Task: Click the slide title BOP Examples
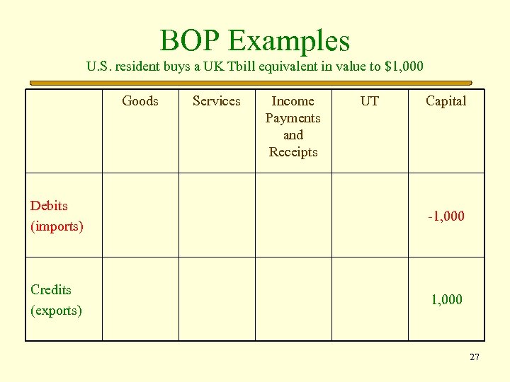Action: (255, 40)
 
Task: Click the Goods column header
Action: (140, 100)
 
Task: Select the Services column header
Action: (217, 100)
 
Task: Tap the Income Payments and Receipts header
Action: (293, 126)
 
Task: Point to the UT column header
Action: (370, 100)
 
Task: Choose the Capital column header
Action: (446, 100)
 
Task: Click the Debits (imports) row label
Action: (57, 216)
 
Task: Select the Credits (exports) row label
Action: (56, 299)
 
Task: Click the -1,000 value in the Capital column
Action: (446, 216)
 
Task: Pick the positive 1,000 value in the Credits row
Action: (447, 299)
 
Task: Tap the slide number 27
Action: (475, 357)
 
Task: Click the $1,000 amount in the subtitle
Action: (403, 67)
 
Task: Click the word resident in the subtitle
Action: (141, 67)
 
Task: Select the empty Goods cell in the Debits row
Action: (140, 215)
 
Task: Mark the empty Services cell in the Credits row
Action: (217, 299)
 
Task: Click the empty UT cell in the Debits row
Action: (370, 215)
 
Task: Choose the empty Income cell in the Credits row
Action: (293, 299)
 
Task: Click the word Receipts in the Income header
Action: (293, 151)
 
